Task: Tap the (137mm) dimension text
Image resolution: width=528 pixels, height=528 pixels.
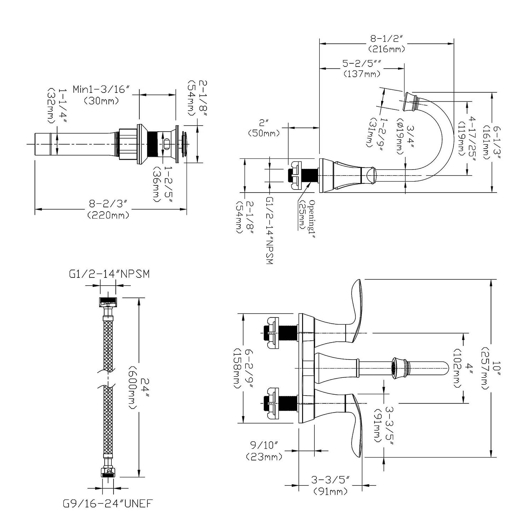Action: coord(362,74)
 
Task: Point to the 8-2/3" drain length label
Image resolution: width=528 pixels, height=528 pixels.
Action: coord(108,204)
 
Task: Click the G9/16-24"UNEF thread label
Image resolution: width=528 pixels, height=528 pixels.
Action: coord(107,511)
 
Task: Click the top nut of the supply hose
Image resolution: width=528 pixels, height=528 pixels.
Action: coord(108,302)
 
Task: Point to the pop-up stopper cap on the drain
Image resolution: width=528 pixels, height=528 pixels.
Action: coord(185,144)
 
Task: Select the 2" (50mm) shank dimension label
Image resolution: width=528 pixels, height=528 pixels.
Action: coord(264,128)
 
